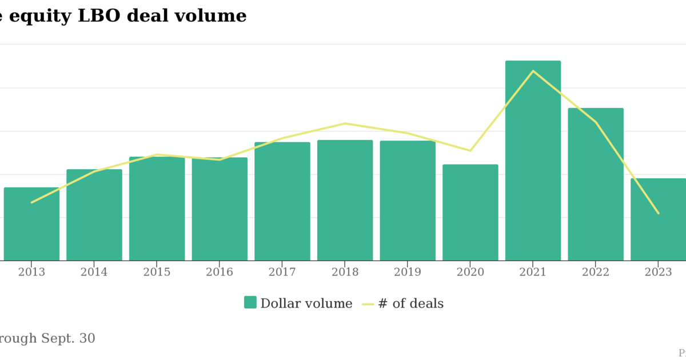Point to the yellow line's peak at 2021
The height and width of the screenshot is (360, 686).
point(533,71)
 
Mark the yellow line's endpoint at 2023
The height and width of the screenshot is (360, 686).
point(658,213)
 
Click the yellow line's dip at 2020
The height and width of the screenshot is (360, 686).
point(470,151)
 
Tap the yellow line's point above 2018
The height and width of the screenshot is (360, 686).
point(345,123)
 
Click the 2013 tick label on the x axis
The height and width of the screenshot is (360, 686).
point(31,273)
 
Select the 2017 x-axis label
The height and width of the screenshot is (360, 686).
point(282,273)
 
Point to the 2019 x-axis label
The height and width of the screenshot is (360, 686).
point(408,273)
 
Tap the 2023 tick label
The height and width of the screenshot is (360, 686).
point(658,273)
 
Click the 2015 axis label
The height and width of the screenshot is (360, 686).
point(157,273)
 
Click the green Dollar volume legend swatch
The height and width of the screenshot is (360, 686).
point(250,302)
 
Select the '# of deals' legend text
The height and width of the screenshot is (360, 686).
point(410,303)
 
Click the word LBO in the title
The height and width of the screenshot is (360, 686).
point(99,16)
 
